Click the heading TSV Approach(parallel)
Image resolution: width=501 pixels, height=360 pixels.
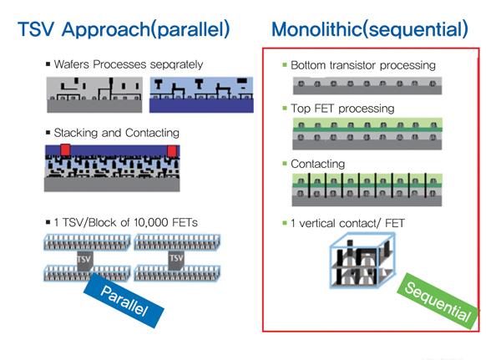[x=124, y=31]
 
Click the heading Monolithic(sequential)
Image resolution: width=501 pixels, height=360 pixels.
[x=369, y=31]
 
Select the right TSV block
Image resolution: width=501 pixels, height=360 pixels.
[x=176, y=261]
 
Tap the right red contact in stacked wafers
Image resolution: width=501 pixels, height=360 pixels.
[x=173, y=150]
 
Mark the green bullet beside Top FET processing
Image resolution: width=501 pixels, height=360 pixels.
[x=284, y=109]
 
